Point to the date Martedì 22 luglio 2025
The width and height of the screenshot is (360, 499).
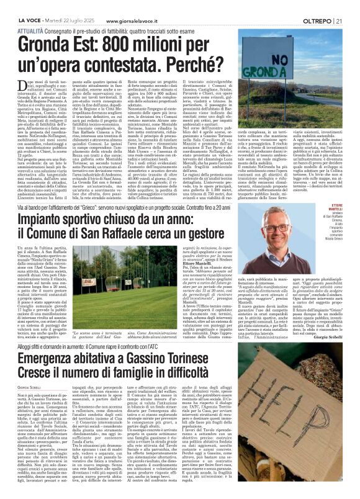tap(66, 5)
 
